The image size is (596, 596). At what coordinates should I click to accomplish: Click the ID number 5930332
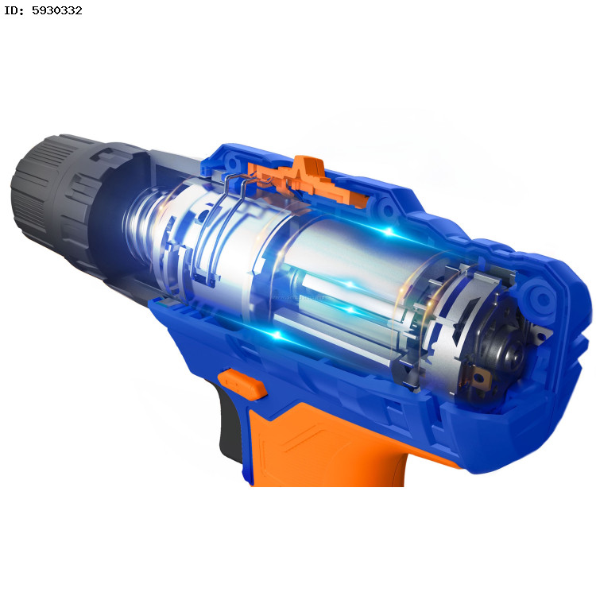pyautogui.click(x=56, y=10)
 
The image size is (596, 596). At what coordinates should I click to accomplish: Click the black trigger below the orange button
pyautogui.click(x=229, y=422)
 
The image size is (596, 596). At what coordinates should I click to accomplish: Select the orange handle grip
pyautogui.click(x=327, y=445)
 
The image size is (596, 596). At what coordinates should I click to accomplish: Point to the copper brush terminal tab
pyautogui.click(x=478, y=377)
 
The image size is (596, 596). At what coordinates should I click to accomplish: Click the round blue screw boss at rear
pyautogui.click(x=543, y=299)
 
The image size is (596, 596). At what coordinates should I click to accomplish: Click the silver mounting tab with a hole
pyautogui.click(x=542, y=334)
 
